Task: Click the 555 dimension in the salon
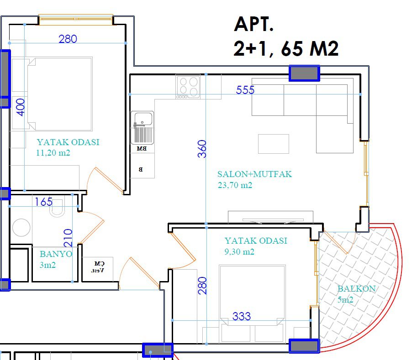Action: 245,90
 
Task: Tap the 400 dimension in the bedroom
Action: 21,107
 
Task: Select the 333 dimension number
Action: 242,316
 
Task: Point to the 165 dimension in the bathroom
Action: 43,202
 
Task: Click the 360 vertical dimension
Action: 202,149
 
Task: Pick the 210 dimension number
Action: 68,238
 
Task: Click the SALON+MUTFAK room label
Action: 254,174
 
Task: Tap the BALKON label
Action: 356,288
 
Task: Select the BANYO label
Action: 56,254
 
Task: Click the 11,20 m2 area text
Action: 53,153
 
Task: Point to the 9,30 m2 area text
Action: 239,251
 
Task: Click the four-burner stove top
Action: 188,86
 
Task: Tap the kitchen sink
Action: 143,127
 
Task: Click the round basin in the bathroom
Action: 21,227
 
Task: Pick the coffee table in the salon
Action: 274,144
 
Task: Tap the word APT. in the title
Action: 253,24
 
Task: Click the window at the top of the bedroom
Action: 76,20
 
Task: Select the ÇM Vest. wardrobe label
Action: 98,267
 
